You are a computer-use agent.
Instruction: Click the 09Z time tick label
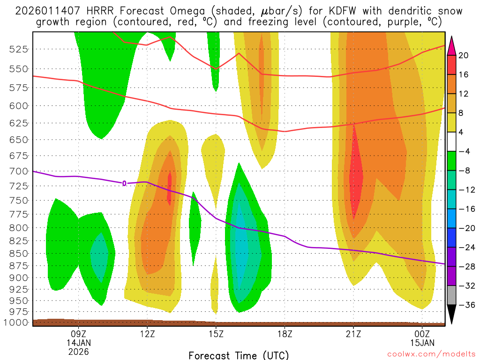pyautogui.click(x=78, y=335)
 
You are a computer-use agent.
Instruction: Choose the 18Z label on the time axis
pyautogui.click(x=285, y=335)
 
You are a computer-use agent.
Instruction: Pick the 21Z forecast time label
pyautogui.click(x=353, y=335)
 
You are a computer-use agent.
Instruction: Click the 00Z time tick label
pyautogui.click(x=422, y=335)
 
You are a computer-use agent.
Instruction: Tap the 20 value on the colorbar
pyautogui.click(x=464, y=55)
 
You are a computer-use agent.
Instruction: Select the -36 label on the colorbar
pyautogui.click(x=462, y=305)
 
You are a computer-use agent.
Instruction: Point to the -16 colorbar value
pyautogui.click(x=462, y=209)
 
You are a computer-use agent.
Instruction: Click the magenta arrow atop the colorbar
pyautogui.click(x=452, y=45)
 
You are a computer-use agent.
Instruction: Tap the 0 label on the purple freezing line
pyautogui.click(x=124, y=183)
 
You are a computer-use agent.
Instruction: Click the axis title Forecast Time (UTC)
pyautogui.click(x=239, y=355)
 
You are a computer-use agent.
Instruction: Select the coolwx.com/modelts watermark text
pyautogui.click(x=431, y=353)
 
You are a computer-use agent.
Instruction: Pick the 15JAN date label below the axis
pyautogui.click(x=422, y=343)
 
